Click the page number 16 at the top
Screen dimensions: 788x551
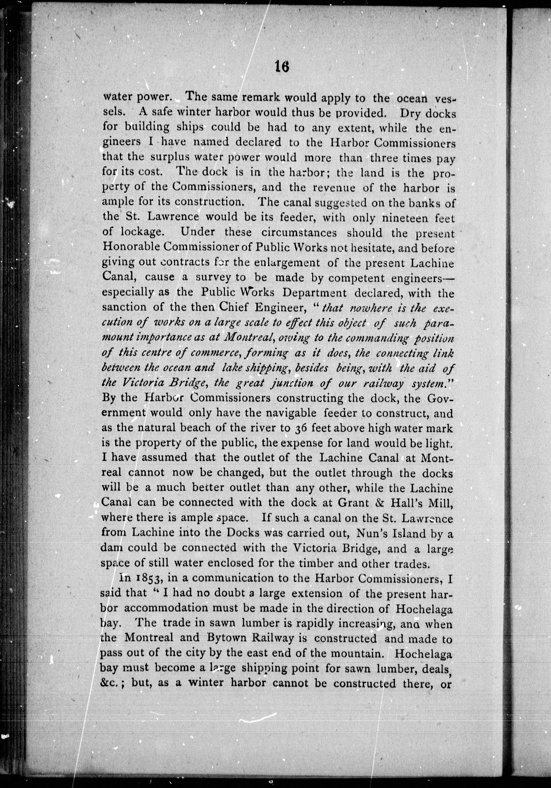(x=282, y=66)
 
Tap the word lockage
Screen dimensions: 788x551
(x=141, y=232)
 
